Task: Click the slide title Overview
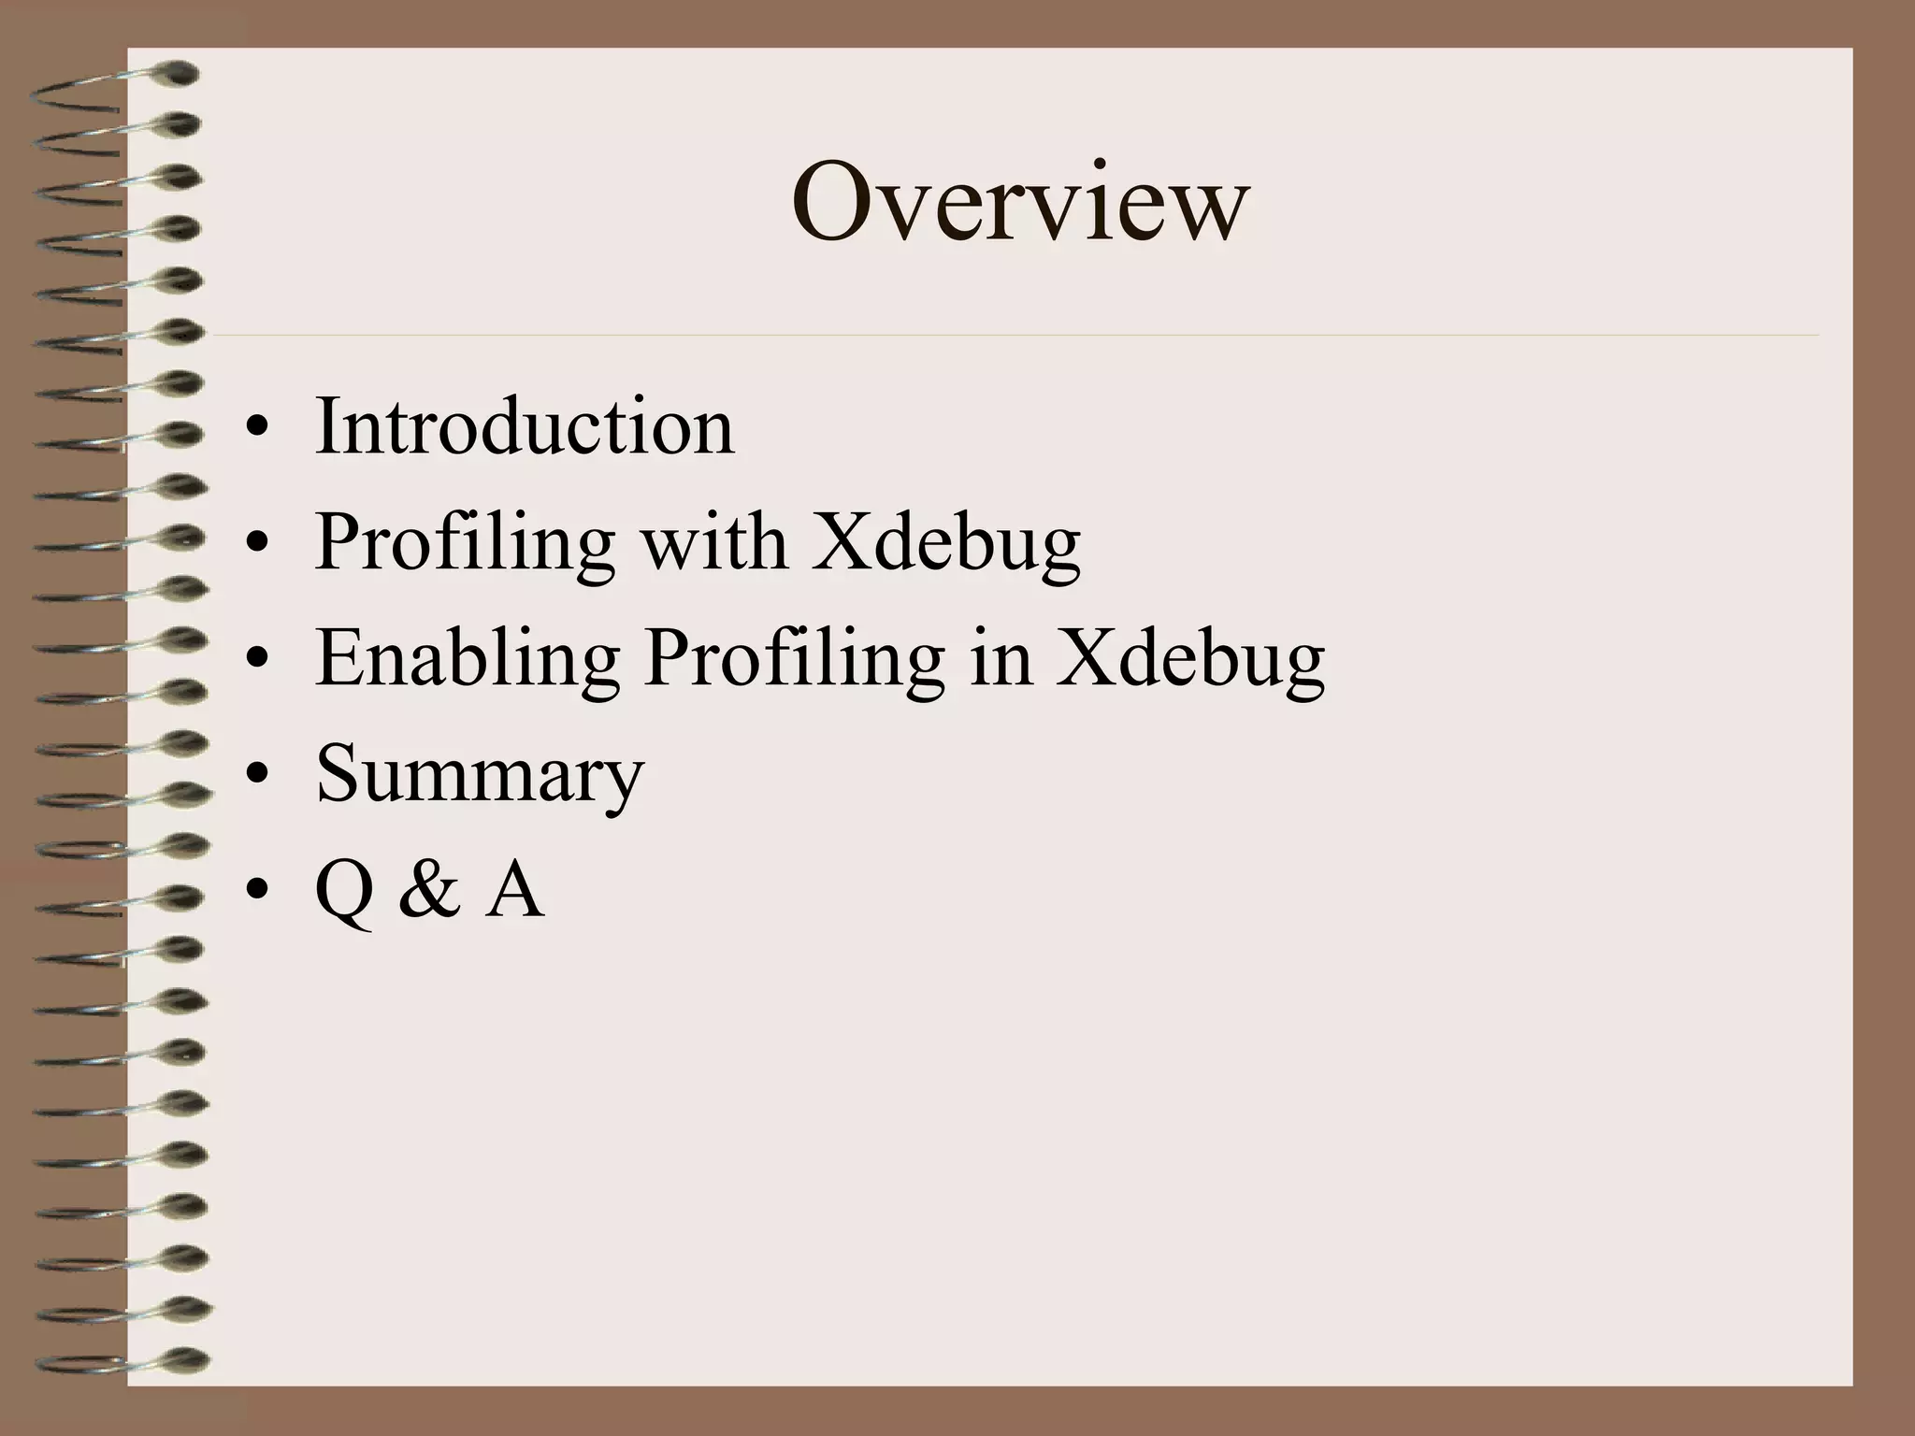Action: [1019, 202]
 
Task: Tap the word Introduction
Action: [525, 426]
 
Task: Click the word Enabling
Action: [468, 658]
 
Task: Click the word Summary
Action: [480, 774]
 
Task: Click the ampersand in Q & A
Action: [429, 889]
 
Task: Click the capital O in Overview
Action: [828, 202]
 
